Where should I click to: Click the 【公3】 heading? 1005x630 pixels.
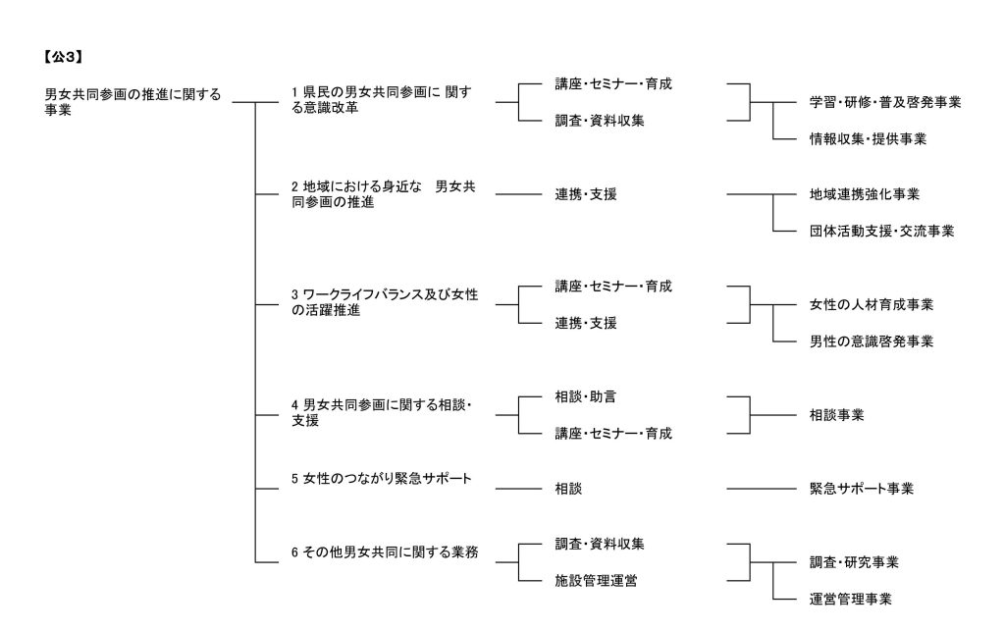coord(63,57)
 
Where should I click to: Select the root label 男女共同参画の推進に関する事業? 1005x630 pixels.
coord(132,102)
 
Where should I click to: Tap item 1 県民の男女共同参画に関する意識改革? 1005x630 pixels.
coord(382,100)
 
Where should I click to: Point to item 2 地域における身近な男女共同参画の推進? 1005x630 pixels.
coord(384,194)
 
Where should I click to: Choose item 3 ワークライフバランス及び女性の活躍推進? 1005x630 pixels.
coord(385,302)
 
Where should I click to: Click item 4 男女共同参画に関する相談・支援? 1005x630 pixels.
coord(382,413)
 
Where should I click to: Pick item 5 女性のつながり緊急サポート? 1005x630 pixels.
coord(382,479)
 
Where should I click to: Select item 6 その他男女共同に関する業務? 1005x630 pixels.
coord(385,552)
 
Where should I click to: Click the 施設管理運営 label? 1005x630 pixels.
coord(596,581)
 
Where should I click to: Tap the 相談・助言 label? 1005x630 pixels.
coord(585,397)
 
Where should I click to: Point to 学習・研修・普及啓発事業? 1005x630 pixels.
coord(885,102)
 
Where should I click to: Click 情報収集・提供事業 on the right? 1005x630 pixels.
coord(868,139)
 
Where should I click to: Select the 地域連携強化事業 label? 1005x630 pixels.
coord(864,194)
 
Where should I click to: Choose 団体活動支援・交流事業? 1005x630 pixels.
coord(881,232)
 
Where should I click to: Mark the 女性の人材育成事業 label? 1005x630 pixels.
coord(872,305)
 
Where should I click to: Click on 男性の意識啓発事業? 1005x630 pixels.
coord(872,341)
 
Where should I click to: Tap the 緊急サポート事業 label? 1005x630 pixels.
coord(861,489)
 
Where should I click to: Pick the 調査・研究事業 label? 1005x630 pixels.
coord(854,562)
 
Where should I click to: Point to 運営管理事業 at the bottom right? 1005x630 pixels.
coord(850,600)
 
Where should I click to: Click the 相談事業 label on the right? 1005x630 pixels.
coord(836,415)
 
